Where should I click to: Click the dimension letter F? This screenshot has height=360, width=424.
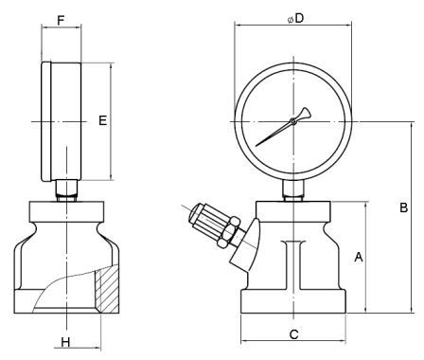61,21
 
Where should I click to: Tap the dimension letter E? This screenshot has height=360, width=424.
103,120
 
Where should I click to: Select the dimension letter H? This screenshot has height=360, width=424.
65,342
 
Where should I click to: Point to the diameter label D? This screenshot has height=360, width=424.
295,19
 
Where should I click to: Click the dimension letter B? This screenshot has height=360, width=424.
404,207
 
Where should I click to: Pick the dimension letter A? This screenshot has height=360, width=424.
359,257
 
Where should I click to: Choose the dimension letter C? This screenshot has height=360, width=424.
293,334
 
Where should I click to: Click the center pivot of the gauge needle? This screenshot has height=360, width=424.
293,120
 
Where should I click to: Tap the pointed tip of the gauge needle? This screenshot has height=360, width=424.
256,146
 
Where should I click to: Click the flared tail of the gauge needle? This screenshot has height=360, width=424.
305,113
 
